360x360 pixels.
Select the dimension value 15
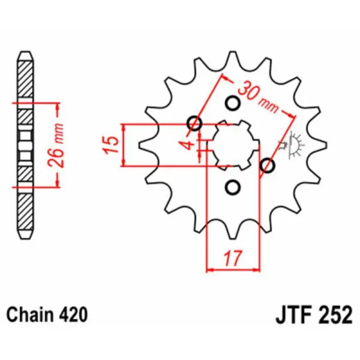tap(110, 145)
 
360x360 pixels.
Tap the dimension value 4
tap(188, 145)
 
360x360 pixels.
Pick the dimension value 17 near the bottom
tap(233, 259)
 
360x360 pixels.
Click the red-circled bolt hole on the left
tap(194, 124)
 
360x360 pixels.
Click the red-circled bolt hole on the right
tap(268, 164)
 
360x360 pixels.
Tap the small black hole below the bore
tap(232, 188)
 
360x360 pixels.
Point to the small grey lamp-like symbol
tap(294, 145)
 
